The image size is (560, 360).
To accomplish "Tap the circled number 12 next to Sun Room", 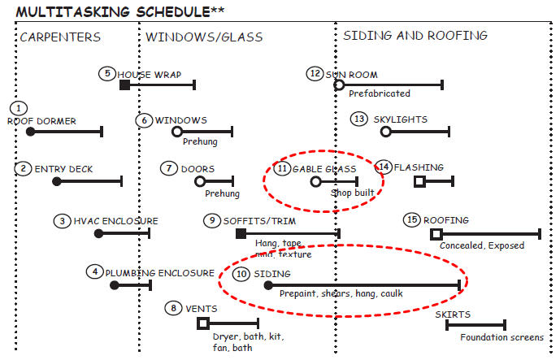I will click(315, 73).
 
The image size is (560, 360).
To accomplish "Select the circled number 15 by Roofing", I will click(412, 220).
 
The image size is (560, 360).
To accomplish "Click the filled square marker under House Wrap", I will click(124, 85).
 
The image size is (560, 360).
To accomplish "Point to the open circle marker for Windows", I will click(177, 132).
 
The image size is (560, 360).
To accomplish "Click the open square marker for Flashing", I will click(419, 181).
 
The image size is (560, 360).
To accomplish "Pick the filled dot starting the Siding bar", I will click(267, 285).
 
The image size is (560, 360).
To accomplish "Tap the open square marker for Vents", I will click(203, 323).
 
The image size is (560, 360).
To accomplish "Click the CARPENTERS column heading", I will click(60, 37).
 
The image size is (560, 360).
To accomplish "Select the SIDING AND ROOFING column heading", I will click(415, 36).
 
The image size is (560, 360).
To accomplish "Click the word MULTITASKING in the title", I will click(73, 11).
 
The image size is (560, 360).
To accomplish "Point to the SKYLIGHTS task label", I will click(400, 119).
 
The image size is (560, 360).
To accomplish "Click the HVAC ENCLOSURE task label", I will click(115, 220).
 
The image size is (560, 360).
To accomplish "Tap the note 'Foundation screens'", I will click(501, 337).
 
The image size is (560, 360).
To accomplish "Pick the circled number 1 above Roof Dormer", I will click(21, 108).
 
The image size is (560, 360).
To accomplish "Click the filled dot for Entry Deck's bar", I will click(57, 181).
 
